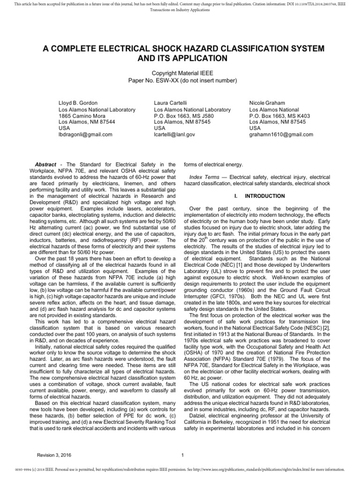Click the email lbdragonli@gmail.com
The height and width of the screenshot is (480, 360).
(85, 134)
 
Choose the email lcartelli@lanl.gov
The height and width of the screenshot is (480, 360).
(174, 134)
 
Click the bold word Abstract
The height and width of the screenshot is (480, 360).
(45, 165)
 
